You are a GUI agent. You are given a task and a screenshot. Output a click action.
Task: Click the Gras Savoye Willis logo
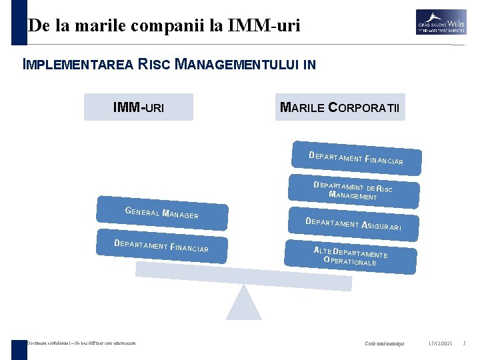441,22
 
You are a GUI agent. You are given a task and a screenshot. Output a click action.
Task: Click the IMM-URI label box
139,107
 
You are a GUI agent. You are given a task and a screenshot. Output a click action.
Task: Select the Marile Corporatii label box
340,107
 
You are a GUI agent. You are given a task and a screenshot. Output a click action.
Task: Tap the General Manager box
162,213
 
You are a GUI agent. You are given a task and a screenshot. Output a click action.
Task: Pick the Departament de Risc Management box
353,190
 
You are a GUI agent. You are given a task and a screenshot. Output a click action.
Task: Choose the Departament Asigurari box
353,225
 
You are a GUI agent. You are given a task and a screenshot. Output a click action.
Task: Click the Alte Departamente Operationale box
351,256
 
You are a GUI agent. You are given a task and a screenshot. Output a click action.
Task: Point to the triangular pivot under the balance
243,304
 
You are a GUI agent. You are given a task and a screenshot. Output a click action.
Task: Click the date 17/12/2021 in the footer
440,343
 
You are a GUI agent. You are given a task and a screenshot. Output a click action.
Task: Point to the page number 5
464,343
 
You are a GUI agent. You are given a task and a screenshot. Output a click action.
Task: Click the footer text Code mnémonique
385,343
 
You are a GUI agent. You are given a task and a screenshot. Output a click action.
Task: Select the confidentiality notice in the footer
81,343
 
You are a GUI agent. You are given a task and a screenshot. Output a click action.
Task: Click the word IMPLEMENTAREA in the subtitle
79,65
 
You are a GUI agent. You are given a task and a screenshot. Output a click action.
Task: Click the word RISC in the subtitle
155,65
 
